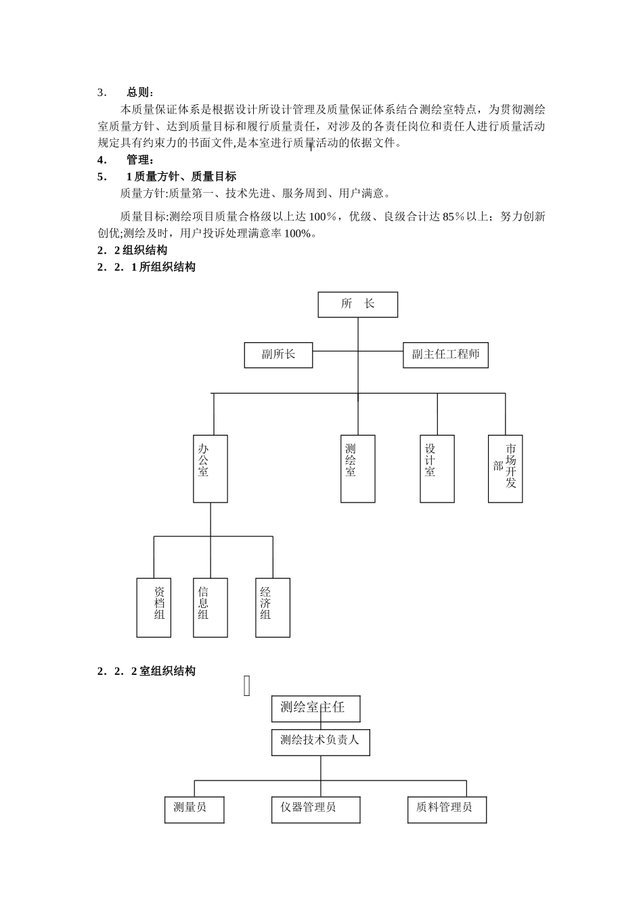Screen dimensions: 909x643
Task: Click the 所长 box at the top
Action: tap(357, 304)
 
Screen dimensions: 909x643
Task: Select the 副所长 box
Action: tap(278, 355)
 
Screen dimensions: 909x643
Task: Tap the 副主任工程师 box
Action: tap(445, 355)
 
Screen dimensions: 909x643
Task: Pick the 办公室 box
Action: tap(210, 468)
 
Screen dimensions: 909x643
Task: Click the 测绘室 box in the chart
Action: tap(357, 468)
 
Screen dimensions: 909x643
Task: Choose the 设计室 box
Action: tap(437, 468)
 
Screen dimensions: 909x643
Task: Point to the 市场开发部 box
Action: tap(505, 468)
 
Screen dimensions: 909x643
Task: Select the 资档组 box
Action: tap(154, 607)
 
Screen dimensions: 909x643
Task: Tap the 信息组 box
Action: tap(210, 607)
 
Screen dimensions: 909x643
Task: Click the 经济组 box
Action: tap(273, 607)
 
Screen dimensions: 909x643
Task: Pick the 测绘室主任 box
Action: tap(315, 708)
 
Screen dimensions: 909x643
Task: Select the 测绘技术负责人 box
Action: tap(320, 741)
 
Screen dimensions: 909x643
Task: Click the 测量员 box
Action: tap(194, 809)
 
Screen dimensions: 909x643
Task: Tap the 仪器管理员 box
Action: tap(315, 809)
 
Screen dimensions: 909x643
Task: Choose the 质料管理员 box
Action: tap(447, 809)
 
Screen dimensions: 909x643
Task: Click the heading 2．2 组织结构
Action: tap(133, 250)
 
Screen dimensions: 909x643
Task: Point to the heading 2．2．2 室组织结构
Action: tap(146, 672)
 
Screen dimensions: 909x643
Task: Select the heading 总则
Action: tap(140, 93)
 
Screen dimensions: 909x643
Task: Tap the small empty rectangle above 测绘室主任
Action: tap(247, 686)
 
